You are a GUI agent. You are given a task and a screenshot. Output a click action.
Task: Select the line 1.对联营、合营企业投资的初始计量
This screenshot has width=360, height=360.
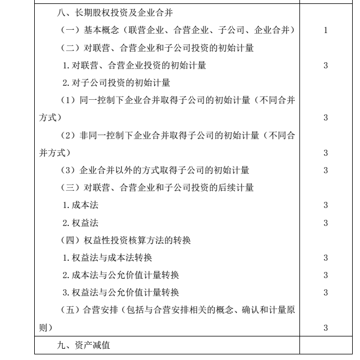[x=134, y=66]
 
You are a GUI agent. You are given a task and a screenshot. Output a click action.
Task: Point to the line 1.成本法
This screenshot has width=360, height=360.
[x=79, y=205]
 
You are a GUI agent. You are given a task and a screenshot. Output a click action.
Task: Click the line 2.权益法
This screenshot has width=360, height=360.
[x=79, y=223]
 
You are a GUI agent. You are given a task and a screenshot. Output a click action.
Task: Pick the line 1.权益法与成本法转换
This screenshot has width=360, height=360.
[x=107, y=257]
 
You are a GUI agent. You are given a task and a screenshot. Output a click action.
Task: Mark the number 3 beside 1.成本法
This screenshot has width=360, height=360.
[x=326, y=205]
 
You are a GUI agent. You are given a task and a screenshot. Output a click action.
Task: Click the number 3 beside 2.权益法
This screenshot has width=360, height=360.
[x=326, y=223]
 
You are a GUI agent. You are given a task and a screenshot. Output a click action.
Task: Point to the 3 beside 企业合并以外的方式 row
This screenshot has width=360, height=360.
[x=326, y=170]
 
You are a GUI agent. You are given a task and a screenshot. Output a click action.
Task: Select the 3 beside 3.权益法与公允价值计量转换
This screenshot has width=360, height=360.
[x=326, y=292]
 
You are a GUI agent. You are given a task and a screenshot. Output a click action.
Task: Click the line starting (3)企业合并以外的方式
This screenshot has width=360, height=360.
[x=154, y=170]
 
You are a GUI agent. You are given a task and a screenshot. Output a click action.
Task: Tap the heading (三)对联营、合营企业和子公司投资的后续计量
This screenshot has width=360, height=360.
[x=156, y=187]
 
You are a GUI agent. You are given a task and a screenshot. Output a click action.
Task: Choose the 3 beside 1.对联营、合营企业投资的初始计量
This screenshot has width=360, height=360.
[x=326, y=66]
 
